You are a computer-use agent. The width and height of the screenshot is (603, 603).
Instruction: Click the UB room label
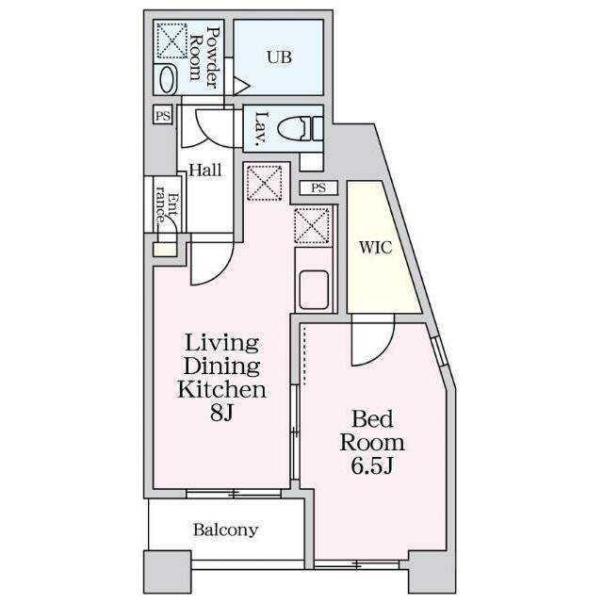(x=279, y=57)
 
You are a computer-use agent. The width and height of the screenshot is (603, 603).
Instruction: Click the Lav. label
(x=262, y=128)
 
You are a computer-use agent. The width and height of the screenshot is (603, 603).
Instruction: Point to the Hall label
(x=205, y=170)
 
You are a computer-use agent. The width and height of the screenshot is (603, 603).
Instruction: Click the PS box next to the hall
(x=163, y=115)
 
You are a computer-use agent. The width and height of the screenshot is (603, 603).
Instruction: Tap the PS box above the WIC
(x=318, y=188)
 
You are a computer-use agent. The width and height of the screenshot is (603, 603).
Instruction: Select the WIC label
(x=376, y=247)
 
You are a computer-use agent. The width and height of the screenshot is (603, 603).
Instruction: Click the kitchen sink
(x=314, y=290)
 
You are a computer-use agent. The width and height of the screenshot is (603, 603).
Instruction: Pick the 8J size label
(x=222, y=413)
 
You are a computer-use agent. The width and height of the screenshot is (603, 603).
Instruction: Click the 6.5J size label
(x=372, y=465)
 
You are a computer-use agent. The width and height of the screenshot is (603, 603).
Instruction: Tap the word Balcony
(x=225, y=530)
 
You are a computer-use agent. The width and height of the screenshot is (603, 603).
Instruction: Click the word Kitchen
(x=221, y=389)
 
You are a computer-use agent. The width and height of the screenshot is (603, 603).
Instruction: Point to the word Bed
(x=372, y=418)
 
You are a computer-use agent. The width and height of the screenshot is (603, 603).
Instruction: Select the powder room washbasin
(x=168, y=79)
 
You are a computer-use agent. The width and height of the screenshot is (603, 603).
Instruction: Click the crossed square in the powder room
(x=171, y=41)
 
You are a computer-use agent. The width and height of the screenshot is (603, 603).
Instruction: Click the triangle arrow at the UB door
(x=241, y=86)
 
